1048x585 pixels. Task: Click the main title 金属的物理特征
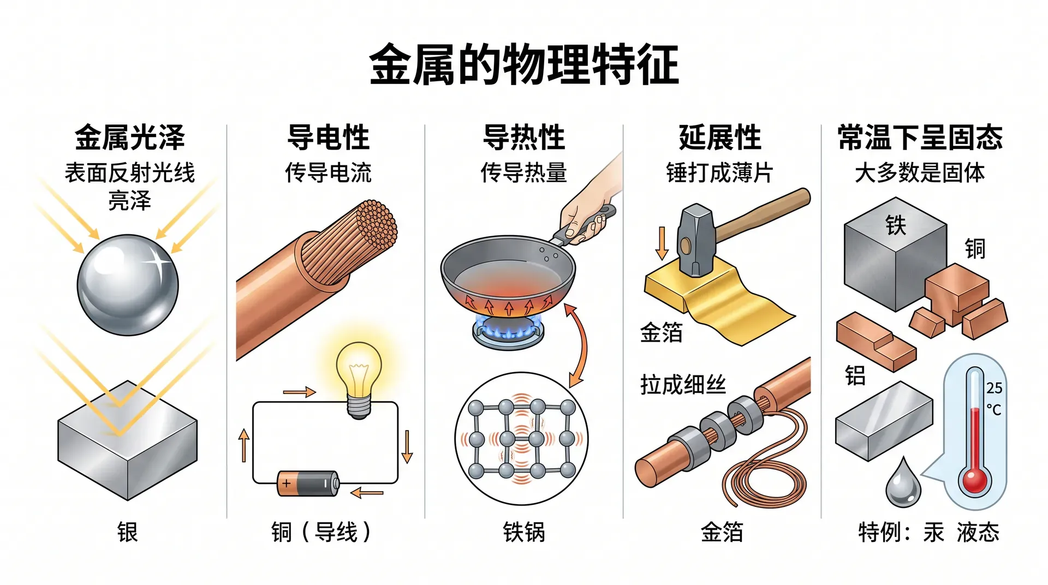click(524, 64)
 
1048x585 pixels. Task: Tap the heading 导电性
click(329, 137)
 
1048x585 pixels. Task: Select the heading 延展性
click(720, 137)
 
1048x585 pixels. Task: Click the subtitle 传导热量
click(524, 172)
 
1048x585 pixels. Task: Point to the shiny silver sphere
click(128, 285)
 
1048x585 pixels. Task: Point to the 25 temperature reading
click(994, 388)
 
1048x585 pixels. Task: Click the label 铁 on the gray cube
click(896, 225)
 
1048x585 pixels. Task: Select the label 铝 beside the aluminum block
click(855, 375)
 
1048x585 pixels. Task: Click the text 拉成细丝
click(683, 385)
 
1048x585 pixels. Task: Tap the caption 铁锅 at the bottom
click(524, 532)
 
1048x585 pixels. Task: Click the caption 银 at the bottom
click(128, 532)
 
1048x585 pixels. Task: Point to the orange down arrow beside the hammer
click(662, 243)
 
